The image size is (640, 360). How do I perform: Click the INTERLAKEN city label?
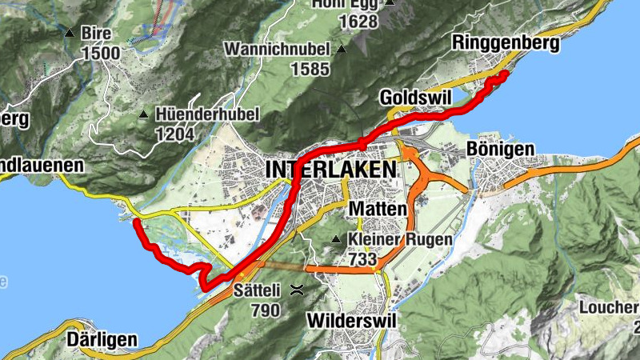pos(330,170)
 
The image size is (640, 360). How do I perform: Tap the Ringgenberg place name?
pos(505,43)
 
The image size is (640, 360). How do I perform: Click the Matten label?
pos(373,209)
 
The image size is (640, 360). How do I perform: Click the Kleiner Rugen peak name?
pos(400,238)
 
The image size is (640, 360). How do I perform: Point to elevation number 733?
pos(362,259)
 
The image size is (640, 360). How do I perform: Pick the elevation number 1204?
pos(174,134)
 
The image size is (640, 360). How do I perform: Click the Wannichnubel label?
pos(278,49)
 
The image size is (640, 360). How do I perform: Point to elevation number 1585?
pos(310,69)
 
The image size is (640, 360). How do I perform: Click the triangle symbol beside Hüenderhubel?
pos(144,114)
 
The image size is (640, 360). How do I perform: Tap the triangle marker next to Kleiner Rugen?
pos(337,239)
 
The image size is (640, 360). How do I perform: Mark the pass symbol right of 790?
pos(297,290)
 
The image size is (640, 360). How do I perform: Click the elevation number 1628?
pos(357,22)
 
